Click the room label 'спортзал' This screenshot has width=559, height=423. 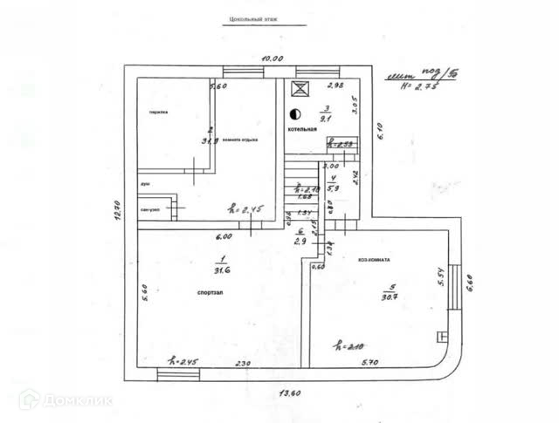click(x=210, y=293)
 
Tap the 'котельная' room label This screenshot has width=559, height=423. click(x=302, y=129)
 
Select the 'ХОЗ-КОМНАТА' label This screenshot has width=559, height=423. click(x=373, y=260)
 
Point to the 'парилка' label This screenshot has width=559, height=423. click(x=157, y=112)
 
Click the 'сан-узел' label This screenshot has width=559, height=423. click(x=150, y=210)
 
